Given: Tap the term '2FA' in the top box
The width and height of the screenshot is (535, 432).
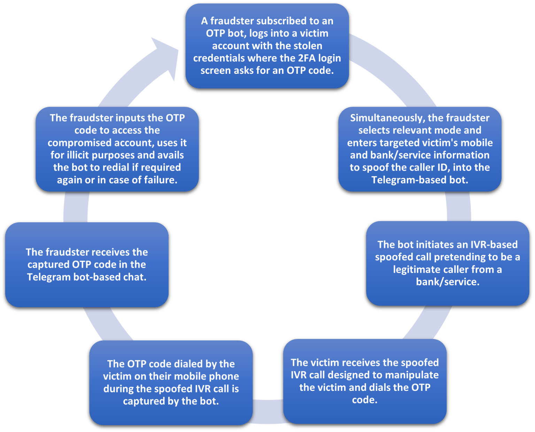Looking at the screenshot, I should (x=307, y=58).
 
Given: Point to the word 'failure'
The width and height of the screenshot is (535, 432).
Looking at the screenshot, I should (x=160, y=180).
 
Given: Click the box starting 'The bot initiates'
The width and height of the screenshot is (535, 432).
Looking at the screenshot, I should (x=447, y=263).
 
